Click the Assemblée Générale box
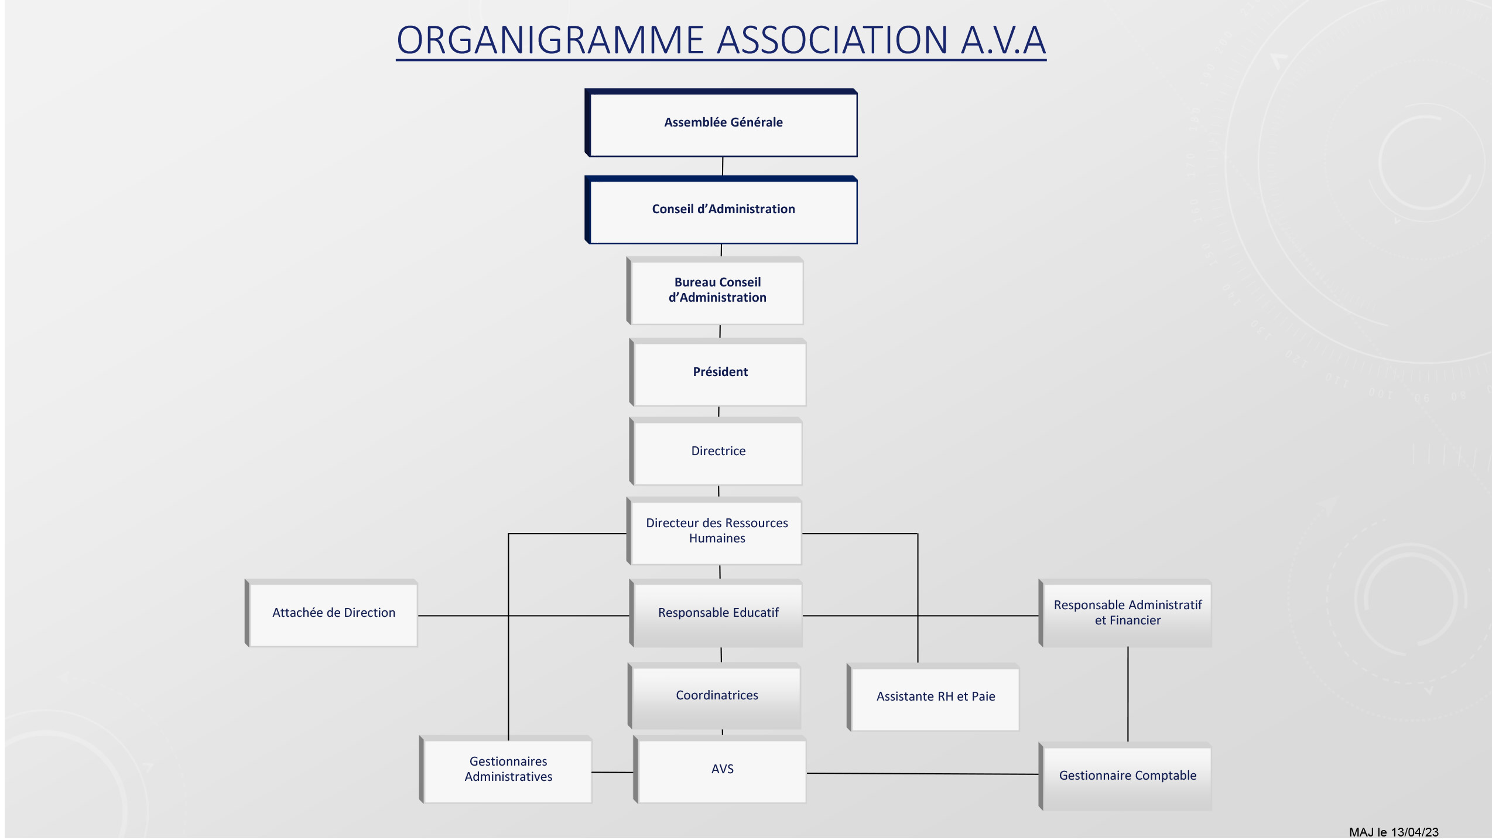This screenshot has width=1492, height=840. coord(721,123)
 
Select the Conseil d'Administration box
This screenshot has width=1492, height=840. coord(721,210)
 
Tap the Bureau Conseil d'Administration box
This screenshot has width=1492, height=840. coord(715,291)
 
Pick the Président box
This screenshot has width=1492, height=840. coord(718,372)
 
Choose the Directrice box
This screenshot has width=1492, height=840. coord(716,451)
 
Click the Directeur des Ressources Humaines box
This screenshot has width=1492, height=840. coord(714,531)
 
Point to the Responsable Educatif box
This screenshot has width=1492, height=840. coord(716,613)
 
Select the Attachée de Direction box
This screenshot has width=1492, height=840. coord(331,613)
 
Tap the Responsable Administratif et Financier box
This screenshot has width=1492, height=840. coord(1125,613)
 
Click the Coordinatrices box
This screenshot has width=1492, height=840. coord(714,696)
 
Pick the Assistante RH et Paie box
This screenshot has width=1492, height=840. coord(933,697)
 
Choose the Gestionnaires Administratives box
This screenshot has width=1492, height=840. coord(505,769)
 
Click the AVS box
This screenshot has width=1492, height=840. coord(720,769)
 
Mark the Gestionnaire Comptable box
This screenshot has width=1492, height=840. coord(1125,776)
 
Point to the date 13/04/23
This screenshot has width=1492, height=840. coord(1414,832)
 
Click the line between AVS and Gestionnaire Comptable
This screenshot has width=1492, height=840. coord(922,774)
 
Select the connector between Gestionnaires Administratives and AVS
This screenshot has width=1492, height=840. coord(612,772)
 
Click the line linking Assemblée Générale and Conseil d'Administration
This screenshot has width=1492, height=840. coord(723,166)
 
